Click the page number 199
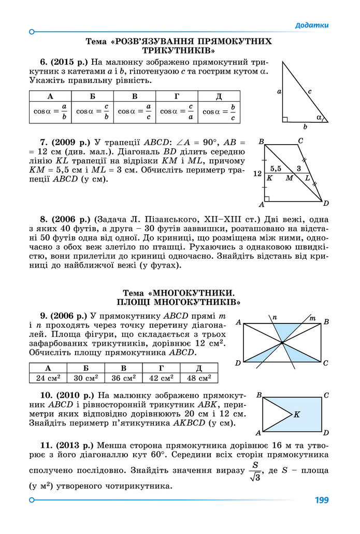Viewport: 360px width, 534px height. (x=322, y=500)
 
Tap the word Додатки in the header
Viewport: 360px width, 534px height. (x=312, y=25)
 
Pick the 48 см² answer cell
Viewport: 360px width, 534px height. (x=199, y=378)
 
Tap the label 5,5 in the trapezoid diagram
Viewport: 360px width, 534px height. (x=276, y=168)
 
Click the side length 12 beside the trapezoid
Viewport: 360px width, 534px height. (x=257, y=175)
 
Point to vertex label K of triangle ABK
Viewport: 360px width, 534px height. (x=297, y=414)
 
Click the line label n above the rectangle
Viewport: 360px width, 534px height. (x=275, y=317)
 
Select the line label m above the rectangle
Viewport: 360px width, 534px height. (x=312, y=317)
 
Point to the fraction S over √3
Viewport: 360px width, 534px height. (x=254, y=471)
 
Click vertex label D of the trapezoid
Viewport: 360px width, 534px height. (x=326, y=203)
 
